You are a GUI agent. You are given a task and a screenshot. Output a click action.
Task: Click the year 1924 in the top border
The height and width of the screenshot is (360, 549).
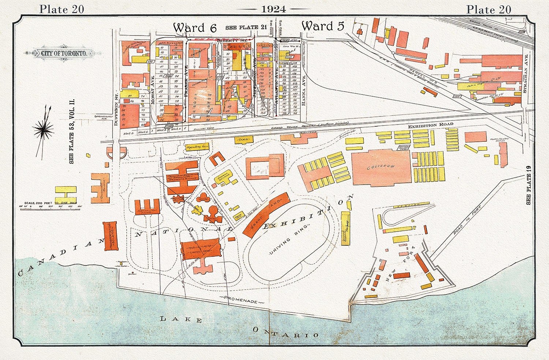pyautogui.click(x=274, y=9)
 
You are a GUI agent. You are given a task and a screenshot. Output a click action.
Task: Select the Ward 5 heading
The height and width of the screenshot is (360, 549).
pyautogui.click(x=323, y=26)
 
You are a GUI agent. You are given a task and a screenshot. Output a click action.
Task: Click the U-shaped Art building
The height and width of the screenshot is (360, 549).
pyautogui.click(x=216, y=160)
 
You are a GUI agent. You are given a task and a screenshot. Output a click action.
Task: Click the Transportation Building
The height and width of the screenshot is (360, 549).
pyautogui.click(x=111, y=236)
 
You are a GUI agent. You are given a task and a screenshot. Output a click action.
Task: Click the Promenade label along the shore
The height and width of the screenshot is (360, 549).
pyautogui.click(x=242, y=302)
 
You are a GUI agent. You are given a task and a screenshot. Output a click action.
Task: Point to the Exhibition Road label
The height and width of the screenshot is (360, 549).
pyautogui.click(x=430, y=125)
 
